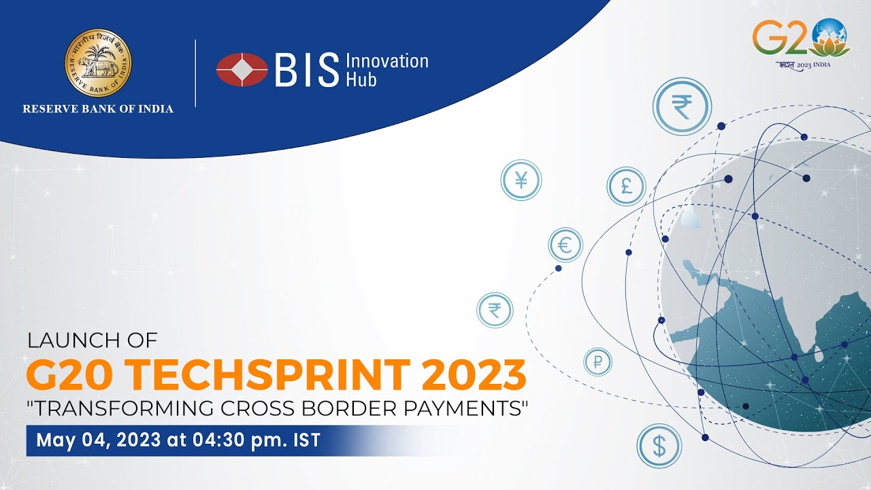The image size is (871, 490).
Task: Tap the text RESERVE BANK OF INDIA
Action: (x=98, y=109)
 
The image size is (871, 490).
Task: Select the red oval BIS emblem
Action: (x=242, y=69)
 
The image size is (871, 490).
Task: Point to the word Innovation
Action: (x=387, y=61)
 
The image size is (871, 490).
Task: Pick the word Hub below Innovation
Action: (x=361, y=79)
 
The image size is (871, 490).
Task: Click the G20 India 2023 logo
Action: (x=801, y=42)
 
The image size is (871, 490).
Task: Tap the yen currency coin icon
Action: (x=521, y=181)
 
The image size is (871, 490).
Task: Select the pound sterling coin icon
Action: (x=626, y=186)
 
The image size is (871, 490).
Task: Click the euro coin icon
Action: (x=565, y=245)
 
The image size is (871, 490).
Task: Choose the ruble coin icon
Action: (x=597, y=363)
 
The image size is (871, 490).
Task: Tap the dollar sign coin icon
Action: (x=659, y=446)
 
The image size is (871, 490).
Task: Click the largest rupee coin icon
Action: (x=681, y=108)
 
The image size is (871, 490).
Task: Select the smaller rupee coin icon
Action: (x=495, y=310)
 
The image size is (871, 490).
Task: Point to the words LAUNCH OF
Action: (x=92, y=340)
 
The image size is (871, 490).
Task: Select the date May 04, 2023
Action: (x=98, y=440)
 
